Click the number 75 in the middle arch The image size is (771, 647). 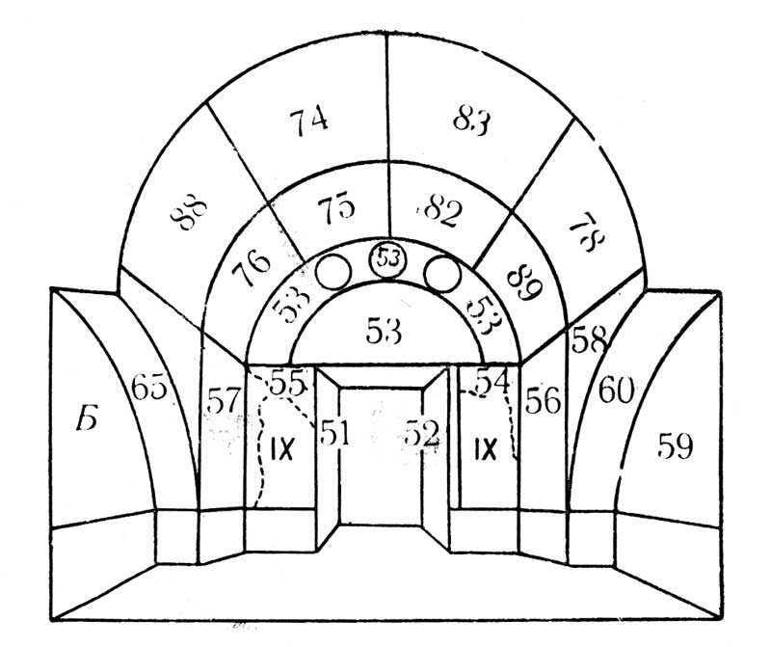(336, 209)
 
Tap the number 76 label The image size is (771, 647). (251, 269)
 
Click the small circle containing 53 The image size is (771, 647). (388, 258)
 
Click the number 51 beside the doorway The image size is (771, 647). (333, 434)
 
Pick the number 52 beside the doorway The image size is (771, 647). (422, 434)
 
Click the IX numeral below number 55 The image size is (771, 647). (281, 448)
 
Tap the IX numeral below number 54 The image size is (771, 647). (485, 448)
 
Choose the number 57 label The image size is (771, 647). (222, 401)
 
